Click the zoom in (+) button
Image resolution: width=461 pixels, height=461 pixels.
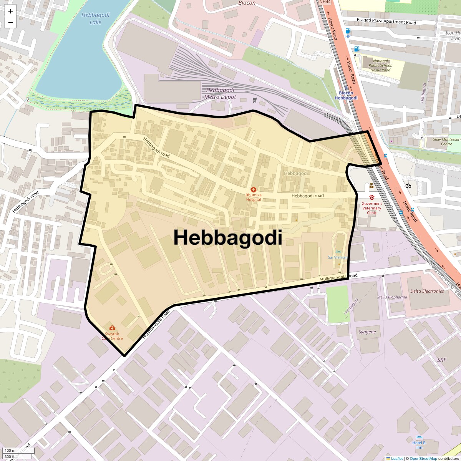pyautogui.click(x=10, y=11)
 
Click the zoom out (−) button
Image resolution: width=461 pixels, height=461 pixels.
pyautogui.click(x=10, y=23)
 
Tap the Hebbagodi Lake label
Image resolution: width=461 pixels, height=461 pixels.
pyautogui.click(x=95, y=19)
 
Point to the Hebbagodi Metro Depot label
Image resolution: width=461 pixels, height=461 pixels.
pyautogui.click(x=220, y=93)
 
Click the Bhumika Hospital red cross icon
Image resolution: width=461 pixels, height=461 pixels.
pyautogui.click(x=253, y=190)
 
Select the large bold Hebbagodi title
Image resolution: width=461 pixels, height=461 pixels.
pyautogui.click(x=228, y=237)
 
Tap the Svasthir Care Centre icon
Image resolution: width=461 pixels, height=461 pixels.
pyautogui.click(x=112, y=328)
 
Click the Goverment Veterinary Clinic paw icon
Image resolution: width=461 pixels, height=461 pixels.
pyautogui.click(x=371, y=197)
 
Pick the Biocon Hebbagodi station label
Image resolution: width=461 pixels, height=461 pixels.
pyautogui.click(x=346, y=95)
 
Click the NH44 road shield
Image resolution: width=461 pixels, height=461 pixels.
pyautogui.click(x=324, y=2)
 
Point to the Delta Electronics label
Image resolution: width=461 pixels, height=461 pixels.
pyautogui.click(x=427, y=291)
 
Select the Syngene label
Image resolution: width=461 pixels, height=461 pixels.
pyautogui.click(x=367, y=332)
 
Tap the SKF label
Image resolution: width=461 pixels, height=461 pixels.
pyautogui.click(x=442, y=360)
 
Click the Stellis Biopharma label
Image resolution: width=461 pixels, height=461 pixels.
pyautogui.click(x=392, y=297)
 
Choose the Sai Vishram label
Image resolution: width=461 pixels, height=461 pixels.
pyautogui.click(x=338, y=257)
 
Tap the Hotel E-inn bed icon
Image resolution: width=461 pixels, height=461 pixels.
pyautogui.click(x=419, y=438)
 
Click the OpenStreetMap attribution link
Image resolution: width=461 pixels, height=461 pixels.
pyautogui.click(x=423, y=458)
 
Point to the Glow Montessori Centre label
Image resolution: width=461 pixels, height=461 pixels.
pyautogui.click(x=446, y=142)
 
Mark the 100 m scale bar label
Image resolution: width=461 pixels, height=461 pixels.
pyautogui.click(x=10, y=450)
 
